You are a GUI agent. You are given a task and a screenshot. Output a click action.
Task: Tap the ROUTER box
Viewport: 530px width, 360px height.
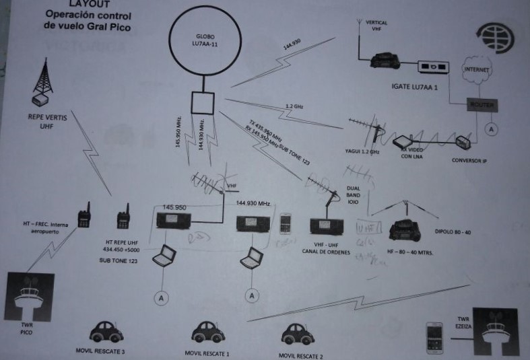[x=482, y=106]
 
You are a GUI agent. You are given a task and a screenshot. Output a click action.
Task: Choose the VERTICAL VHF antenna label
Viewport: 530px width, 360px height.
[x=376, y=26]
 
